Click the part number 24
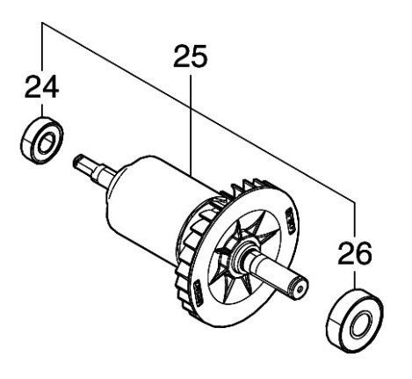[42, 86]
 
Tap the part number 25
[191, 55]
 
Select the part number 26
[355, 253]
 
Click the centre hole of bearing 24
[46, 142]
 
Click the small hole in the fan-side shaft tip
[300, 289]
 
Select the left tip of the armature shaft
[76, 159]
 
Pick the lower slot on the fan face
[199, 293]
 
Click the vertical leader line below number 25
[191, 125]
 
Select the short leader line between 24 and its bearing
[42, 111]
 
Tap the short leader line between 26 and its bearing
[355, 281]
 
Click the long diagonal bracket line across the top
[199, 112]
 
